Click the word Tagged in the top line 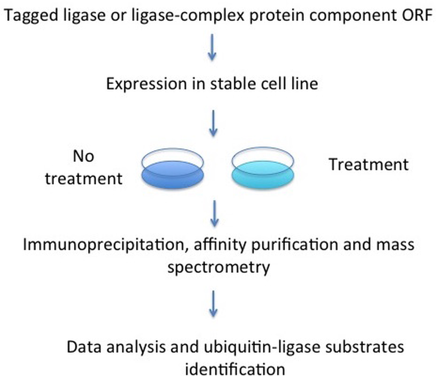31,16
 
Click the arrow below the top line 212,47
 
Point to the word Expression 146,84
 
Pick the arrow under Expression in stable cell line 213,123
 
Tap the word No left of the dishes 83,156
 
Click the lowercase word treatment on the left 84,179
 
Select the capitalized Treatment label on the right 369,164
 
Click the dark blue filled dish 173,175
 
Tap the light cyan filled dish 263,175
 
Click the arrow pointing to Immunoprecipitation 214,214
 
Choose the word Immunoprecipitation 103,245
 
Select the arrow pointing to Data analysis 213,304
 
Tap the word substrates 364,347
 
